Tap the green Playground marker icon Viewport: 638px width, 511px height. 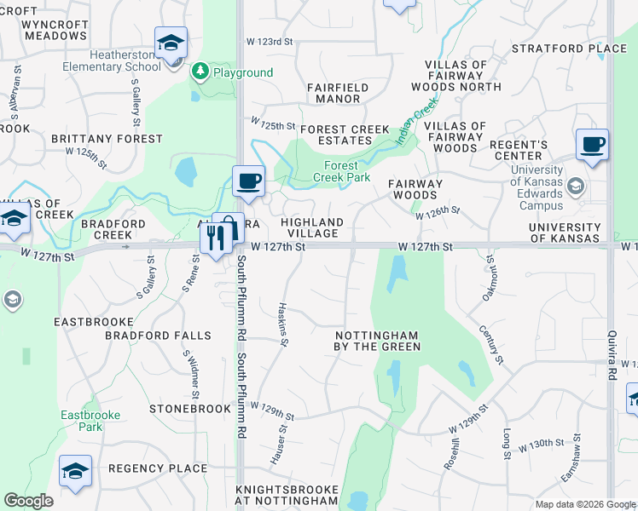coord(200,72)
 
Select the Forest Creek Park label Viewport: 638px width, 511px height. coord(347,171)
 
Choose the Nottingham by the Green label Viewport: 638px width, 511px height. coord(377,341)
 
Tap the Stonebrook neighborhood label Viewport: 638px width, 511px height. coord(190,409)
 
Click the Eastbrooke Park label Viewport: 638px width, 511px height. coord(90,421)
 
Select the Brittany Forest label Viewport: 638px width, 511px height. coord(107,138)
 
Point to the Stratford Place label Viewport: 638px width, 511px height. coord(570,49)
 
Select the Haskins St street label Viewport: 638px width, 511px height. coord(283,324)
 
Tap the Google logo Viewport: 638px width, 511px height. coord(28,501)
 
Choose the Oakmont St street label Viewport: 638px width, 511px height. coord(489,278)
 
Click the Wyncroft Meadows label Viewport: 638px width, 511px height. coord(55,30)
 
